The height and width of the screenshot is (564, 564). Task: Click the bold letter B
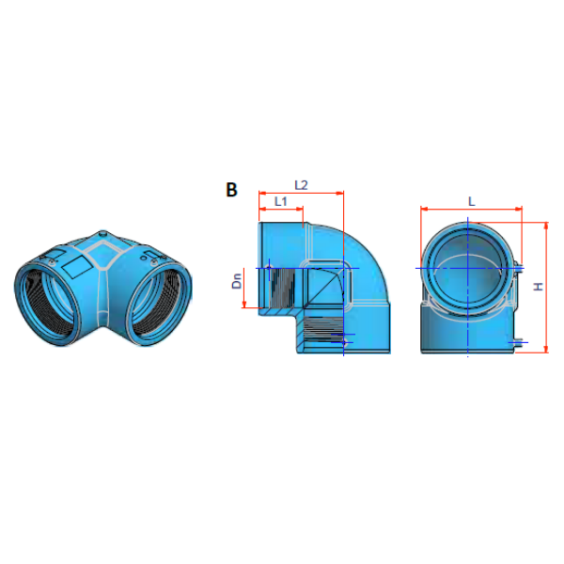coord(231,190)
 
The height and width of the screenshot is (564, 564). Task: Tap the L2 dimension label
coord(301,185)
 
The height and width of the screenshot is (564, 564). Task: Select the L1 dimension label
coord(280,201)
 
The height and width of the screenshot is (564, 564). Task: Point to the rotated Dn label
coord(237,281)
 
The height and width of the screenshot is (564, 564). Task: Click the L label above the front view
coord(471,201)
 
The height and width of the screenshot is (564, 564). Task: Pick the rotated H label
coord(539,287)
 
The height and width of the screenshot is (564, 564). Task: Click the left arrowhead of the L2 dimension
coord(262,194)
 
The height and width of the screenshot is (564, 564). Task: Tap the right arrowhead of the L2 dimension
coord(340,194)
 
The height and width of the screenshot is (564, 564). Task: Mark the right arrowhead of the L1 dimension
coord(300,209)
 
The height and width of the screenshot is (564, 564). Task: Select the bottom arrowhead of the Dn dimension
coord(244,305)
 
